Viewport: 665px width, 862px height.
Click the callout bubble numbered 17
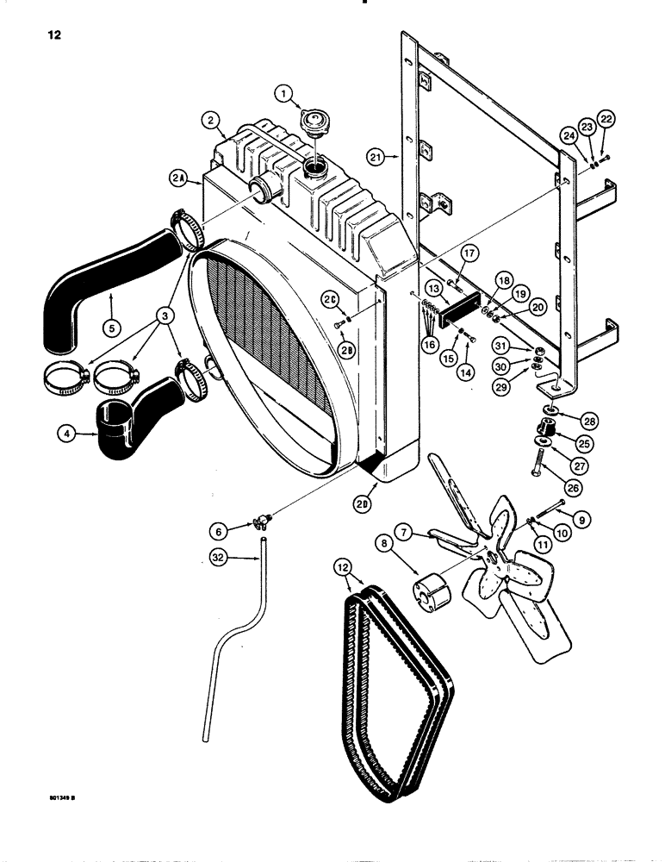pos(468,252)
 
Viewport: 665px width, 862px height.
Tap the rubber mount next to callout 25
pos(545,427)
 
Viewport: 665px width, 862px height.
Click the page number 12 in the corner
pos(41,36)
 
